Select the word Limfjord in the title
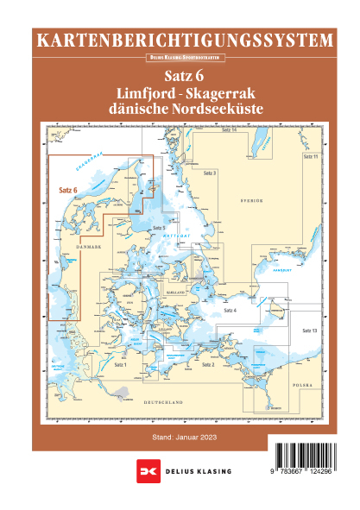click(x=140, y=93)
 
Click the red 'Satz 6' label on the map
click(x=68, y=190)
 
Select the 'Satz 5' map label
click(x=157, y=228)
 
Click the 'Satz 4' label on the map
click(x=230, y=310)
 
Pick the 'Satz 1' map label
click(x=119, y=365)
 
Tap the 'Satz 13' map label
click(x=310, y=331)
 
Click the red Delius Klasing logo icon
click(x=145, y=475)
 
